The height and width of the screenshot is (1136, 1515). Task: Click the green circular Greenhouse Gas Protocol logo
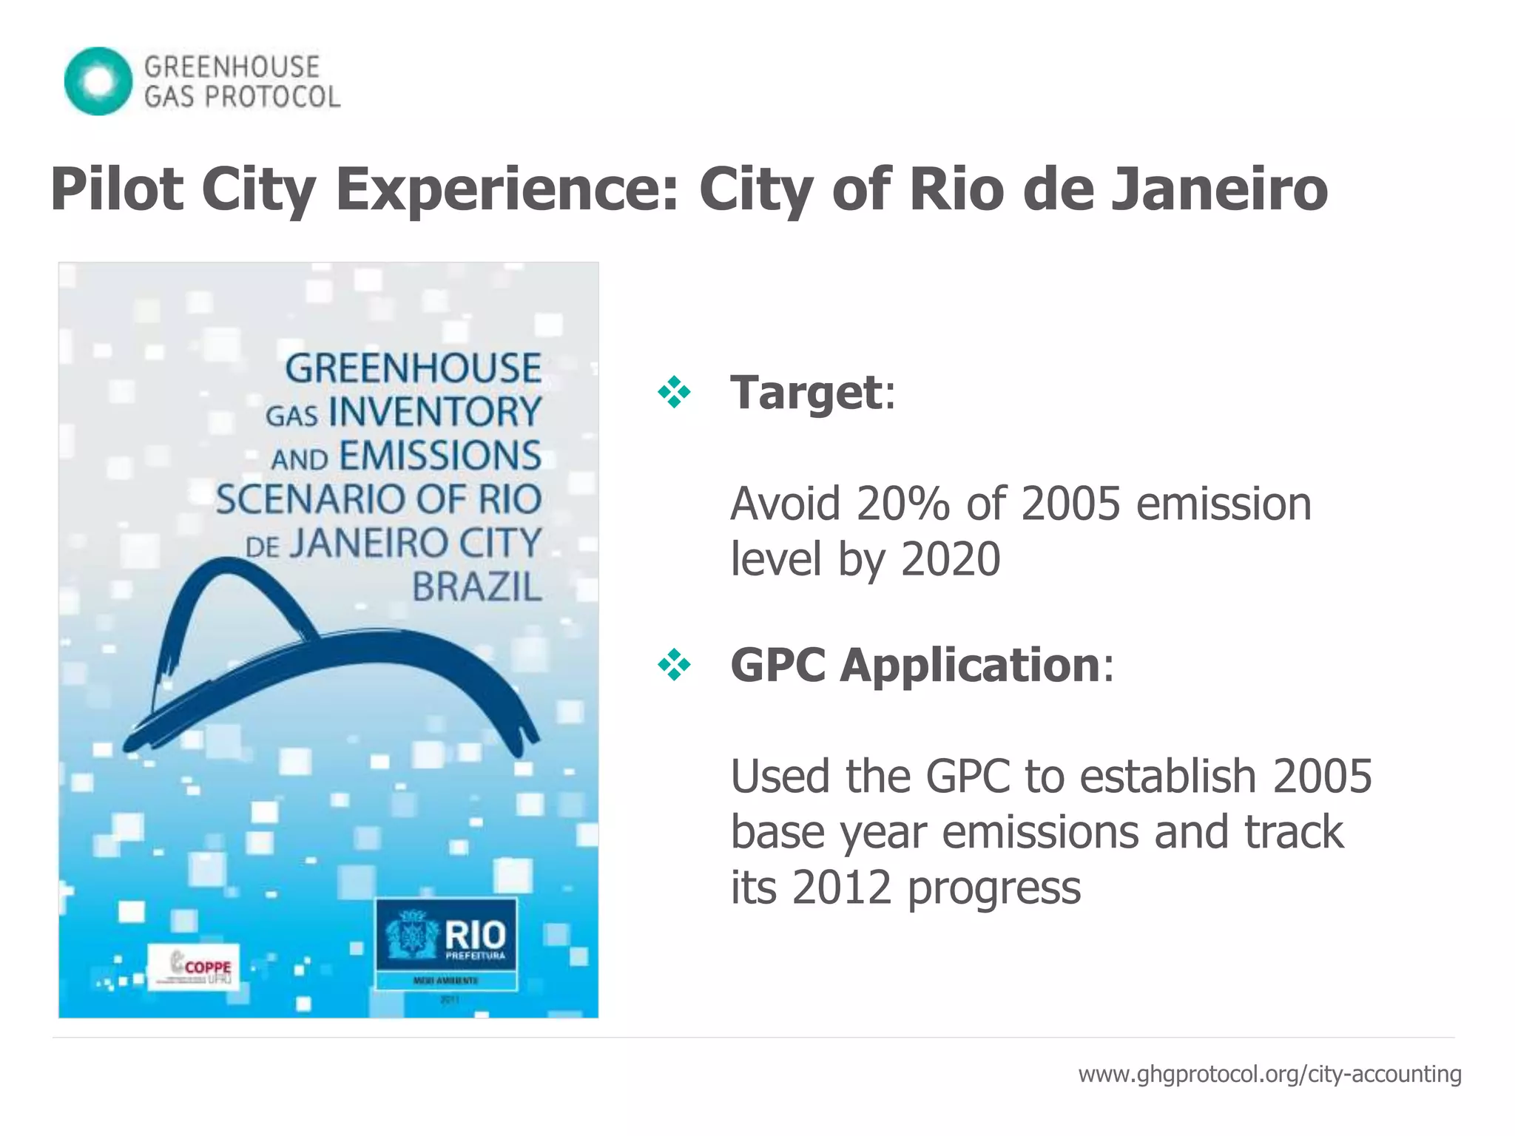(98, 81)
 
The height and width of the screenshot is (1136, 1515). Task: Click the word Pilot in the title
(117, 190)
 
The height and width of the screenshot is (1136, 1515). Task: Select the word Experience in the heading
(507, 190)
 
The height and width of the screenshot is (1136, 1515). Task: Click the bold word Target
(806, 392)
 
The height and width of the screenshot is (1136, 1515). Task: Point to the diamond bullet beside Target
(674, 392)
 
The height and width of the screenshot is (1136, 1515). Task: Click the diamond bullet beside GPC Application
(674, 665)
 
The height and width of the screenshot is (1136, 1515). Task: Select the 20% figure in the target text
(902, 504)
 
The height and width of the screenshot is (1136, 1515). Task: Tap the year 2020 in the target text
(951, 560)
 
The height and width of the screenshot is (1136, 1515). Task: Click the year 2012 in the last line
(841, 887)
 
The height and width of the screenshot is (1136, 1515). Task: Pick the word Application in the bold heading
(969, 665)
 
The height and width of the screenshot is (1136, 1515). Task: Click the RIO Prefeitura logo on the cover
(446, 938)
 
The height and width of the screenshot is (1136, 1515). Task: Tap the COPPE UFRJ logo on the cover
(194, 966)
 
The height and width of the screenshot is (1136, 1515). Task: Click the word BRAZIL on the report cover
(476, 589)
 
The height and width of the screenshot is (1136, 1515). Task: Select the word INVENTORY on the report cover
(435, 413)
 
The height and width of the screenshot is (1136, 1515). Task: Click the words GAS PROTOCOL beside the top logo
(242, 97)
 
